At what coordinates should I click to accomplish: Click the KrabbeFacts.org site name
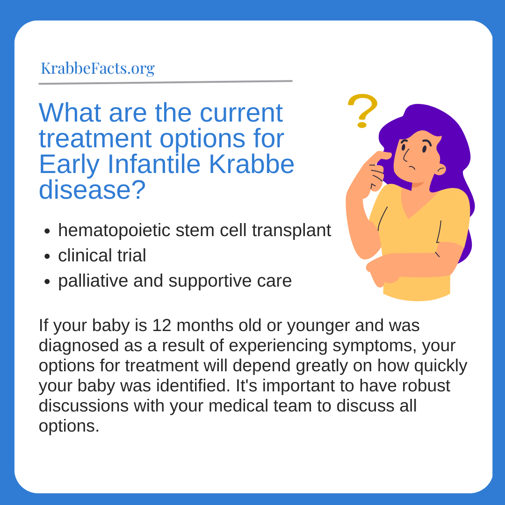tap(98, 69)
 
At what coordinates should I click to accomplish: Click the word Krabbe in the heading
tap(252, 164)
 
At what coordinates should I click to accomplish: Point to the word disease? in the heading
tap(93, 190)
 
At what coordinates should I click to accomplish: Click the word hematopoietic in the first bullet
tap(114, 231)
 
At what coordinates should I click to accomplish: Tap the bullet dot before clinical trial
tap(47, 256)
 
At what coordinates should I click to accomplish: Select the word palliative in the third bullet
tap(93, 281)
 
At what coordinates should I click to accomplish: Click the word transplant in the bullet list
tap(291, 231)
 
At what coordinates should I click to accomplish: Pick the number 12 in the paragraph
tap(162, 325)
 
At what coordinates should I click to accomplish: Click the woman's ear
tap(440, 169)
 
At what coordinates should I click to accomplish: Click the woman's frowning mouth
tap(412, 167)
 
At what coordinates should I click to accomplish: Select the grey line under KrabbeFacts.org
tap(166, 82)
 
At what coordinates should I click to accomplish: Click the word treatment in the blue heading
tap(95, 139)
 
